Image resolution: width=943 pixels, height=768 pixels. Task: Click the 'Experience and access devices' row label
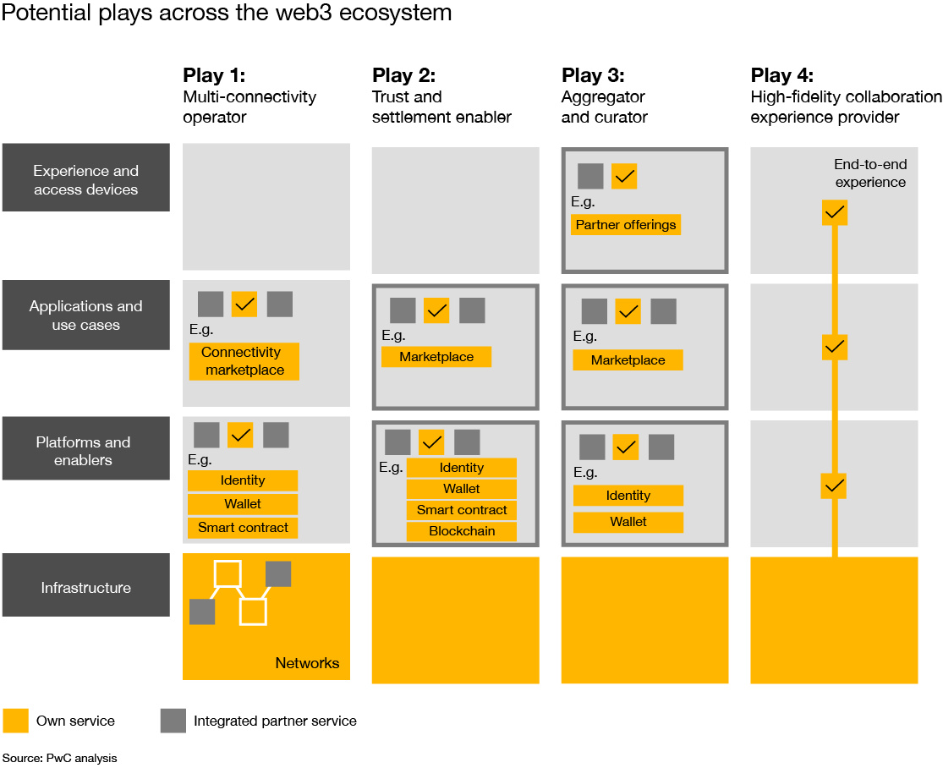pos(85,180)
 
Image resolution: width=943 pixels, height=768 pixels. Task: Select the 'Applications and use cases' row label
pos(85,315)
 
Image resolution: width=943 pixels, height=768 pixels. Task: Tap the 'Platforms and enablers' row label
pos(85,451)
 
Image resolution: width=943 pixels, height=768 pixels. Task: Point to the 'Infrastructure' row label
pos(85,588)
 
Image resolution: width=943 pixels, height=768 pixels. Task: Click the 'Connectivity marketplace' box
pos(244,361)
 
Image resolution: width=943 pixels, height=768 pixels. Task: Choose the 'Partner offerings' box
pos(626,225)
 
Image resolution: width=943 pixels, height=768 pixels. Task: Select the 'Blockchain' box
pos(461,531)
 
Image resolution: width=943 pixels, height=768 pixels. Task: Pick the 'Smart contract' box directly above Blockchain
pos(461,510)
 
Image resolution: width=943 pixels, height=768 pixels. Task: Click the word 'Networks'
pos(307,663)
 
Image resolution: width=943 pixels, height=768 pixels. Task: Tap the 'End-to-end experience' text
pos(870,173)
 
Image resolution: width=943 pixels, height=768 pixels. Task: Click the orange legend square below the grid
pos(15,721)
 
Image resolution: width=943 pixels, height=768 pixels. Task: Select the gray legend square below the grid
pos(173,721)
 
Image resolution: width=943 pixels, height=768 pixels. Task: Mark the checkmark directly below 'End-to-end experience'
pos(834,212)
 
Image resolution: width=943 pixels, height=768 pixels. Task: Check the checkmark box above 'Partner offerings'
pos(624,176)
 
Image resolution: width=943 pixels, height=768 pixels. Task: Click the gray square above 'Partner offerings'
pos(590,176)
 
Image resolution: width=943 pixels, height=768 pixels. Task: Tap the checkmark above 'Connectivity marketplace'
pos(244,304)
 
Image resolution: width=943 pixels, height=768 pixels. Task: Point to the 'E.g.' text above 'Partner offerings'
pos(583,202)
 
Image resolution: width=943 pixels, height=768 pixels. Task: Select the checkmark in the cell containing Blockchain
pos(431,442)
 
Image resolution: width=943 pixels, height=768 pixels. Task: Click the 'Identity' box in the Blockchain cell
pos(461,468)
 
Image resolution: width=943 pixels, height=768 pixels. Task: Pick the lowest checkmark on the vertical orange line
pos(834,485)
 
